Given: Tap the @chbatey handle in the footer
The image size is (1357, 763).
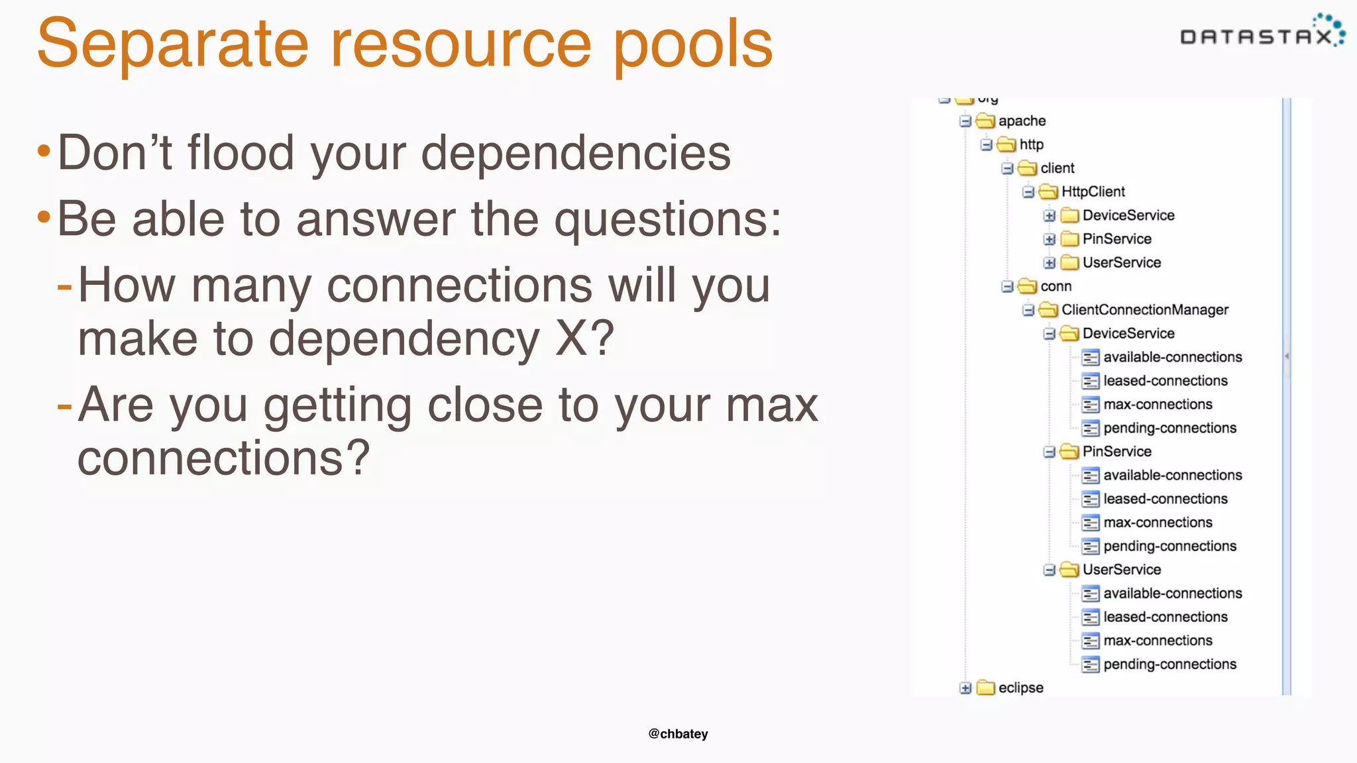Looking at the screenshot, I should tap(678, 734).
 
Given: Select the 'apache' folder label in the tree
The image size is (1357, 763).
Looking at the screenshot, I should tap(1022, 121).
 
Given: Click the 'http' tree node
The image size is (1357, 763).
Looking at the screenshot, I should tap(1031, 144).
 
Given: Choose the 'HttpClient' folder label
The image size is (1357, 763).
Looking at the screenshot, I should tap(1093, 192).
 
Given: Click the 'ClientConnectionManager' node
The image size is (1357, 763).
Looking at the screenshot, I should tap(1144, 310).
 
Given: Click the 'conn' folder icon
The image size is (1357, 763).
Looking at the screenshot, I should tap(1027, 286).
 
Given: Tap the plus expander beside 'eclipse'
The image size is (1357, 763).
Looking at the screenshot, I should tap(965, 688).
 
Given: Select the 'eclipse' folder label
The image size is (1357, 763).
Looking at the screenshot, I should tap(1020, 688).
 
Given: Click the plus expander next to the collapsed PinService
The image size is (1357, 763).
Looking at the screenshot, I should tap(1049, 239).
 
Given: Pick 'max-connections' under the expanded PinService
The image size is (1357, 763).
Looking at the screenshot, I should tap(1158, 523).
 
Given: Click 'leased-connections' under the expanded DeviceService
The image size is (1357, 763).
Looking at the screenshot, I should tap(1165, 381).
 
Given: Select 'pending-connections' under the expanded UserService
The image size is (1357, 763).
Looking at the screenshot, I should tap(1169, 664).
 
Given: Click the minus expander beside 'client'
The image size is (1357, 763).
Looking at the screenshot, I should tap(1007, 168).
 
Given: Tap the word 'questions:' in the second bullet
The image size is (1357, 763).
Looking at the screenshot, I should tap(667, 219).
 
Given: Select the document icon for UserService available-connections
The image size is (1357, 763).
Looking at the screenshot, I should tap(1090, 593).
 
